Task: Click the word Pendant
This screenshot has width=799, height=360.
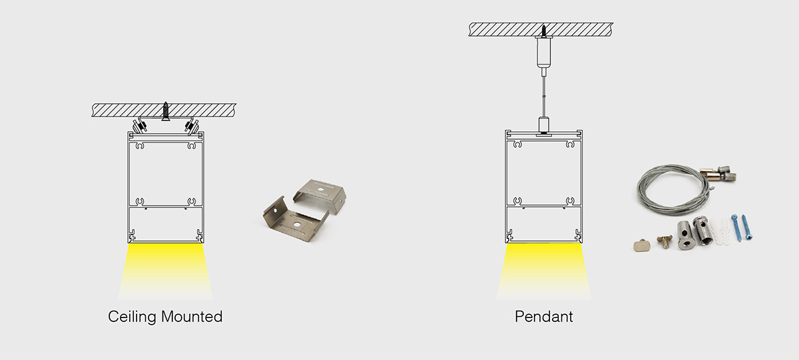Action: point(543,317)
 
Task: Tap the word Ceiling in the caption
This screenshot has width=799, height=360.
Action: point(130,317)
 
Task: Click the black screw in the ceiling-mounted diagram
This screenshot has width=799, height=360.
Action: point(166,111)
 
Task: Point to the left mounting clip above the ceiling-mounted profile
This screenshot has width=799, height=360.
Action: point(140,125)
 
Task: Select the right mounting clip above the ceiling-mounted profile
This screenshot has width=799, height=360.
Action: point(192,125)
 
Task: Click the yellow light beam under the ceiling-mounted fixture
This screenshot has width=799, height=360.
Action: point(166,270)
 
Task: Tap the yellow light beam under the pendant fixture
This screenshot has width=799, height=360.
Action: point(543,270)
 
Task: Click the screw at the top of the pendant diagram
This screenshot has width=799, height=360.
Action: point(543,30)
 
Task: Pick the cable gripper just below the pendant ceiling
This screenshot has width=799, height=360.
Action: point(543,53)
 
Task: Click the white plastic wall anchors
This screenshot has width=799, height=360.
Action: point(720,231)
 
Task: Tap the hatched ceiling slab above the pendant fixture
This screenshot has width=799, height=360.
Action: point(506,29)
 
